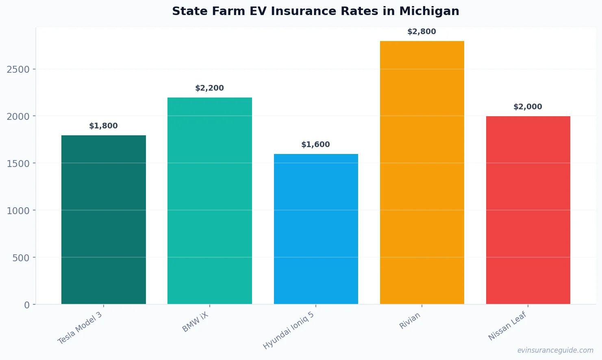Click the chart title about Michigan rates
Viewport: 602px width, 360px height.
(x=315, y=11)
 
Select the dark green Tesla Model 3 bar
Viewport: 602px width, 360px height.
(x=104, y=219)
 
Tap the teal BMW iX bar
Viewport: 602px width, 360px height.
(x=210, y=201)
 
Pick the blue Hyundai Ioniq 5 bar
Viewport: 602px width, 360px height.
(x=316, y=229)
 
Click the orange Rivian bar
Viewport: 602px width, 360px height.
(x=422, y=172)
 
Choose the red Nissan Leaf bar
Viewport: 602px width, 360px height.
(x=528, y=210)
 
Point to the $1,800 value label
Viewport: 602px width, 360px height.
(x=104, y=126)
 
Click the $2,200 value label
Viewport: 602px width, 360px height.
(x=210, y=88)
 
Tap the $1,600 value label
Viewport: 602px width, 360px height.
(x=316, y=145)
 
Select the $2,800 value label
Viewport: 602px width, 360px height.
(x=422, y=32)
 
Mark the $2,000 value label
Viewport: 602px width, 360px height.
(x=528, y=107)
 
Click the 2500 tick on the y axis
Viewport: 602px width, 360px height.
(x=18, y=69)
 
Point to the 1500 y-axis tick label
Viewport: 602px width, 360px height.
(x=18, y=164)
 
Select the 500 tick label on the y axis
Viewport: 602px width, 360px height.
(x=21, y=258)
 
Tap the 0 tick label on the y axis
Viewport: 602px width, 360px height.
(x=27, y=305)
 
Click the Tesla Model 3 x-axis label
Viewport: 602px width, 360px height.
(x=80, y=328)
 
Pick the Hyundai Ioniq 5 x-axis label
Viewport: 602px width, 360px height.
(x=289, y=331)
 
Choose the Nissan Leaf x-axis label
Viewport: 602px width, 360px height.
(x=507, y=326)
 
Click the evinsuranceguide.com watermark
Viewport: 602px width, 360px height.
(x=555, y=350)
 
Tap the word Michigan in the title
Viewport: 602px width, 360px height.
(x=429, y=11)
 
